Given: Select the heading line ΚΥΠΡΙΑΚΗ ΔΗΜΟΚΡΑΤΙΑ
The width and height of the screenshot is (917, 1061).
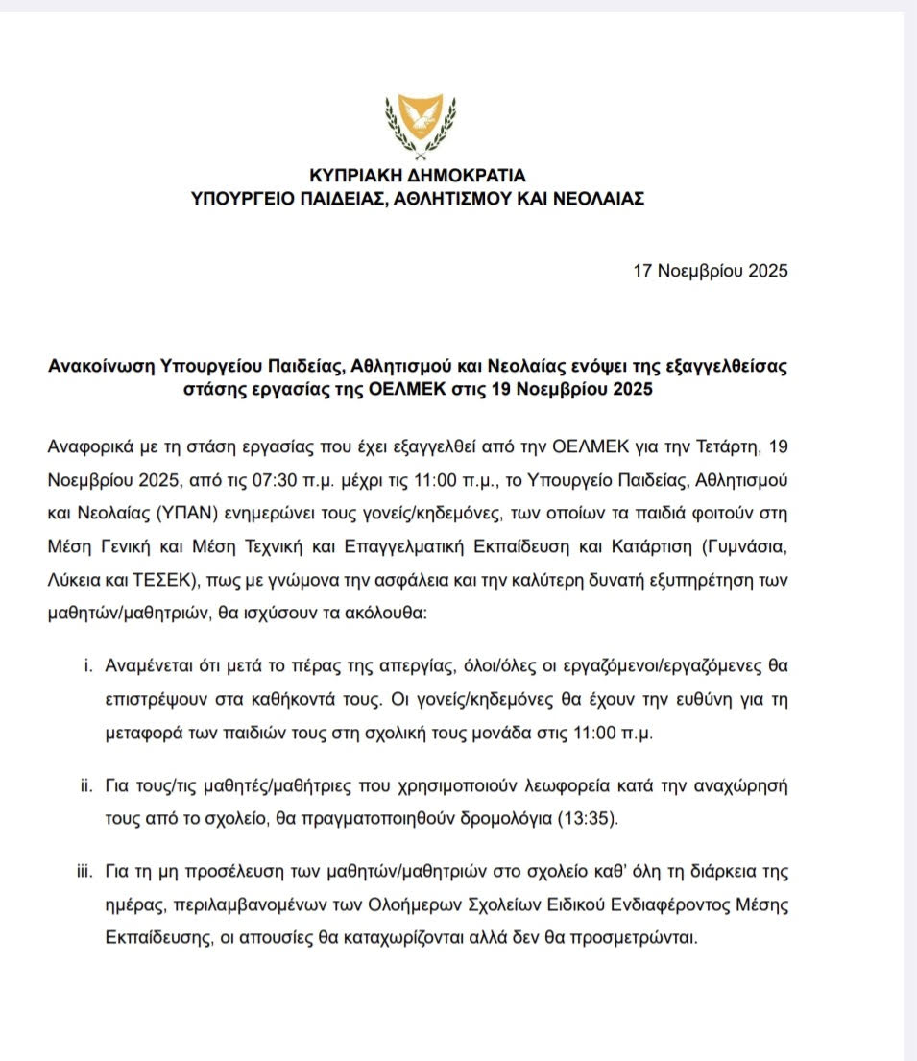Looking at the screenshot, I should click(418, 176).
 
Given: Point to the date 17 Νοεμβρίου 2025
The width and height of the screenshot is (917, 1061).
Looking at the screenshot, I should click(711, 271).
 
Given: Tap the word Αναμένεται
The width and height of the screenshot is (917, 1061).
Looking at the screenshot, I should click(152, 664).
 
